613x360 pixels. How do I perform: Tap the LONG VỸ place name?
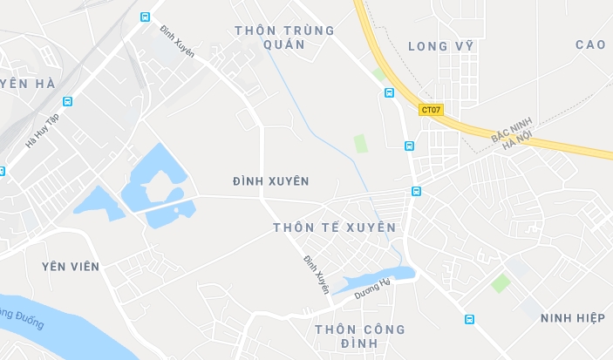[x=440, y=46]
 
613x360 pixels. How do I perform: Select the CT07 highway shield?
[x=431, y=110]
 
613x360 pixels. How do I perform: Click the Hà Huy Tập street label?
[x=41, y=130]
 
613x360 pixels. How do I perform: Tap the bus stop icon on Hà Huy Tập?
[x=67, y=101]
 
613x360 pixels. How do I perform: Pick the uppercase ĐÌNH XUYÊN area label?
[x=270, y=181]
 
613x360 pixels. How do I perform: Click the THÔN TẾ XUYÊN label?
[x=334, y=228]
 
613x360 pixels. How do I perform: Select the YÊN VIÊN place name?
[x=70, y=266]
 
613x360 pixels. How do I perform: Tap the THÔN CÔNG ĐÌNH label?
[x=360, y=336]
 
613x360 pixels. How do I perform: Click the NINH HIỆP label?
[x=572, y=318]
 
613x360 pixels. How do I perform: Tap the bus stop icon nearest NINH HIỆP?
[x=469, y=319]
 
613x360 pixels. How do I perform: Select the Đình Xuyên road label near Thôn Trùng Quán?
[x=177, y=41]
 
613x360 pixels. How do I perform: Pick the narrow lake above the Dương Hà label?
[x=366, y=279]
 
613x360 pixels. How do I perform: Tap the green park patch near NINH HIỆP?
[x=500, y=282]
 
